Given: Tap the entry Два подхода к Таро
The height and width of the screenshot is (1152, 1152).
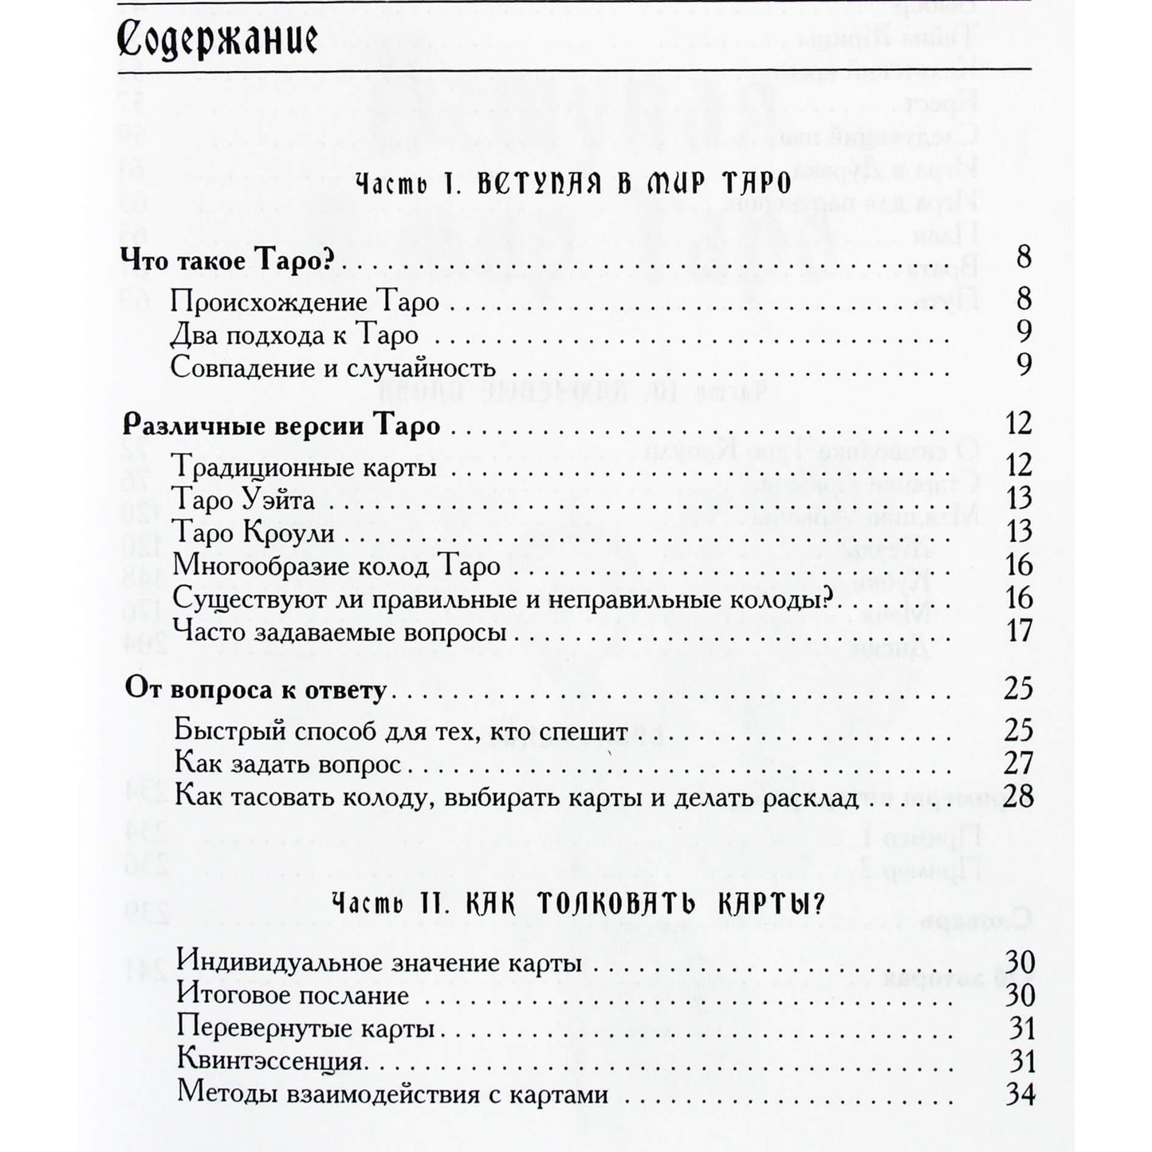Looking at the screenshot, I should tap(294, 335).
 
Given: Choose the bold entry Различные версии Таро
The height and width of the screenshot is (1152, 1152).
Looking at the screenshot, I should tap(281, 426).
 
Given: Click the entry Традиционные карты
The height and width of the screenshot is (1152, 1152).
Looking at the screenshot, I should tap(304, 466).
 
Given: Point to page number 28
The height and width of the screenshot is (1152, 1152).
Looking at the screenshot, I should tap(1018, 796).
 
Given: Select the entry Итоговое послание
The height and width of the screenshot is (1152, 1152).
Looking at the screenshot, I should tap(293, 996).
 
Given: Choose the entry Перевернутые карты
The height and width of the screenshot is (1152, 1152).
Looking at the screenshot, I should tap(305, 1028).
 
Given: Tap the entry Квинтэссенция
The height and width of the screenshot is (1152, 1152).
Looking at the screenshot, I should tap(271, 1062).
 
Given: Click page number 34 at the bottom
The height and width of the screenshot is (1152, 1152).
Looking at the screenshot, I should tap(1020, 1095).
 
